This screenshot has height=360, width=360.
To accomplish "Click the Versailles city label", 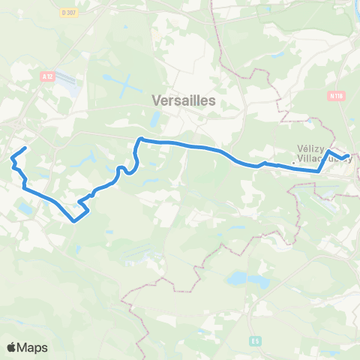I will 183,100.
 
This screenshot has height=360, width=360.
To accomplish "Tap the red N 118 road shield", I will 334,95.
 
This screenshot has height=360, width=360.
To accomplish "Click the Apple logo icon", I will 11,347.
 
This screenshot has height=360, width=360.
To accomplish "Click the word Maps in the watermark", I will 32,347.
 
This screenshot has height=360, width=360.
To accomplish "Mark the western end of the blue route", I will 26,148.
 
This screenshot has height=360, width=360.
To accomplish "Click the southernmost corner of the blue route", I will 73,221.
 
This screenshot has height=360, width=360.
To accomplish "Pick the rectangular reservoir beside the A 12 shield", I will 67,79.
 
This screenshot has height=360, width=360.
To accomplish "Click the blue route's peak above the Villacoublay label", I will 328,151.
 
